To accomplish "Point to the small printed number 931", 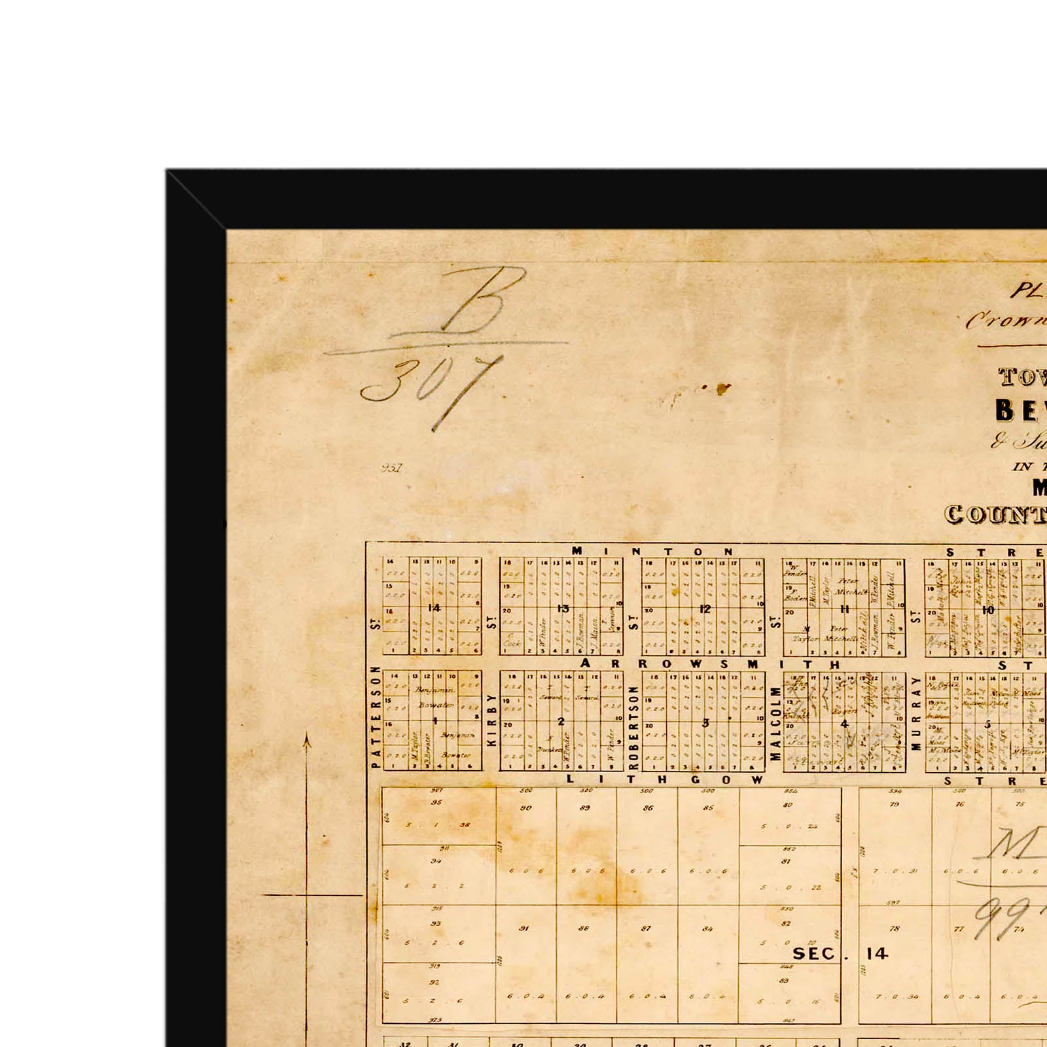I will click(x=391, y=468).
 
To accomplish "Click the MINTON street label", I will click(x=653, y=552).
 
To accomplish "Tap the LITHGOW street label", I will click(x=665, y=779).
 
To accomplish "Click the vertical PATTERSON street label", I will click(x=376, y=717).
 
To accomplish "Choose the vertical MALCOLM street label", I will click(x=775, y=723).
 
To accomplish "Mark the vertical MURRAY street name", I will click(x=916, y=713).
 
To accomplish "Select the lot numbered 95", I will click(x=436, y=803).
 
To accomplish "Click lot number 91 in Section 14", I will click(x=524, y=928).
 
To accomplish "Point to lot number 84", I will click(x=707, y=929).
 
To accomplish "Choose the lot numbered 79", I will click(x=895, y=804).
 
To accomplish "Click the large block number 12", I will click(x=705, y=609).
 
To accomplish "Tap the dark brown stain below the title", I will click(x=722, y=389).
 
